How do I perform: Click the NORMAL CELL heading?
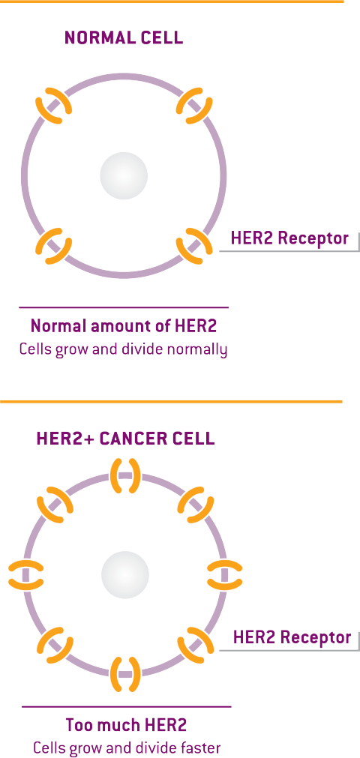tap(124, 38)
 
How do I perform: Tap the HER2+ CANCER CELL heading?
tap(125, 439)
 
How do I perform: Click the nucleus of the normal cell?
tap(124, 175)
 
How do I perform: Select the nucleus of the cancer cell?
tap(124, 575)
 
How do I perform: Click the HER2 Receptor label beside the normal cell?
tap(289, 238)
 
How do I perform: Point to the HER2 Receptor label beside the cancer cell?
tap(292, 637)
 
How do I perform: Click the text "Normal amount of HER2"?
tap(124, 326)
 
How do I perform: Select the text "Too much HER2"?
tap(126, 725)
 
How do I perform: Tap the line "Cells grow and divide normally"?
tap(124, 349)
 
